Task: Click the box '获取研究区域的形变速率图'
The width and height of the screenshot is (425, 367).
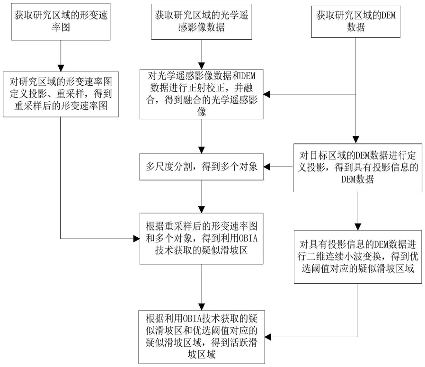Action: point(61,22)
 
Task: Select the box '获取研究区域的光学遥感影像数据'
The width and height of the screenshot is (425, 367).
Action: point(202,22)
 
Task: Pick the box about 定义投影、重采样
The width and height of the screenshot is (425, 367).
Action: point(61,94)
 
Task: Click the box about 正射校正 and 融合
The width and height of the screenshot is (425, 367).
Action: point(202,94)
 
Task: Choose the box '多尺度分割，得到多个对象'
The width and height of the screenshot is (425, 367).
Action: point(202,167)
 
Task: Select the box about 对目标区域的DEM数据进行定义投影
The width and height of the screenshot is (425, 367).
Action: point(358,167)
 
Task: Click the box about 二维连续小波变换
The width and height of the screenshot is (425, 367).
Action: point(358,257)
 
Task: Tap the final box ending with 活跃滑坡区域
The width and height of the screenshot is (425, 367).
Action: point(202,337)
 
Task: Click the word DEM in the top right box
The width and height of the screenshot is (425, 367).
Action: point(389,15)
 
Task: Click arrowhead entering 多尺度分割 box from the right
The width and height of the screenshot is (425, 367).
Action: point(267,167)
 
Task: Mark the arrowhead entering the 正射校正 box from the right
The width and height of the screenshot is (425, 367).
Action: point(267,94)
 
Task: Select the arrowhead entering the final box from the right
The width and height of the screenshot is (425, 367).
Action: point(268,337)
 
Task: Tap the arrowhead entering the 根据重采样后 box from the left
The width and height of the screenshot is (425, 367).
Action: point(136,239)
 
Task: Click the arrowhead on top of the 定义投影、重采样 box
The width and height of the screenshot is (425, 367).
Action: point(61,68)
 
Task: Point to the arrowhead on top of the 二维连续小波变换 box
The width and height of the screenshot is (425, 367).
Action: point(358,227)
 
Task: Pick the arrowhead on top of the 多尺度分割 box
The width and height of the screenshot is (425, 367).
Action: point(202,151)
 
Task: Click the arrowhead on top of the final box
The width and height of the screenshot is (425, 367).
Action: point(202,307)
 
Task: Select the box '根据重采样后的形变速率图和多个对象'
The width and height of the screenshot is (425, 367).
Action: point(202,238)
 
